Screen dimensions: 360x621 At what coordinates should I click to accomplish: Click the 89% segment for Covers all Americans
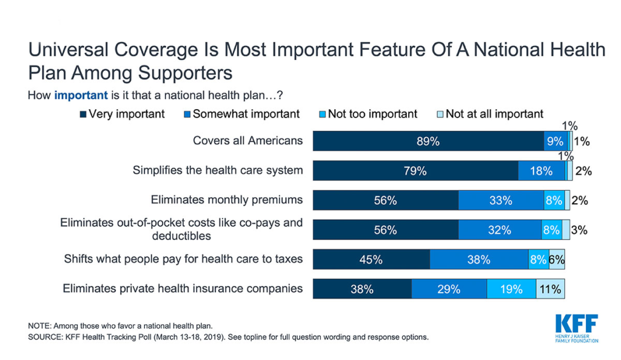tap(428, 141)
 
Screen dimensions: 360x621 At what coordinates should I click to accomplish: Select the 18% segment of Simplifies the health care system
tap(542, 171)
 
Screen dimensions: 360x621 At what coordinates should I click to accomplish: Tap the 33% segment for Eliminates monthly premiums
tap(501, 201)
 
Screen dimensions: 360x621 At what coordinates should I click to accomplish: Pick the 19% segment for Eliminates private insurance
tap(511, 289)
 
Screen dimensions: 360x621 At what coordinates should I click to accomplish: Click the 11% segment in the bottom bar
tap(551, 289)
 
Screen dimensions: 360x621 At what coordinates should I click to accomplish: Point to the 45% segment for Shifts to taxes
tap(371, 259)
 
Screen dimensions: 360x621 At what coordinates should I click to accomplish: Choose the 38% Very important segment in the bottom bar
tap(362, 289)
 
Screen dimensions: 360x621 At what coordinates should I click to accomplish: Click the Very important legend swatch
tap(83, 115)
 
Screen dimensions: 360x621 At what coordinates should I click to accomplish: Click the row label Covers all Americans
tap(247, 141)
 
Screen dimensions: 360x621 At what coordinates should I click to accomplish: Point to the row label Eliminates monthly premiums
tap(226, 199)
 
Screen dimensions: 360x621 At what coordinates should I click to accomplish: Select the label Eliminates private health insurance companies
tap(183, 288)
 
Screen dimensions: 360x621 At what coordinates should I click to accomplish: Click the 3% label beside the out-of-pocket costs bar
tap(579, 230)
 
